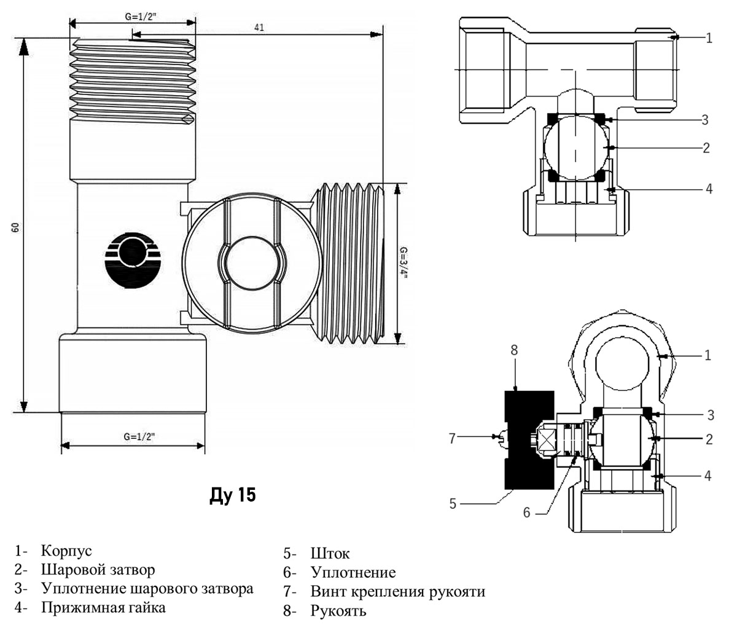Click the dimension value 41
[x=260, y=28]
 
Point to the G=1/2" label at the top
[x=141, y=17]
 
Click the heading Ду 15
[x=233, y=495]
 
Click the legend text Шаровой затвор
[x=98, y=570]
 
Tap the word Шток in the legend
[x=330, y=554]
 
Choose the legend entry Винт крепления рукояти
[x=398, y=592]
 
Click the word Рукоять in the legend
[x=338, y=611]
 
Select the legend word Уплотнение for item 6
[x=353, y=573]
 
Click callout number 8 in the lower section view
[x=514, y=350]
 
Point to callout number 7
[x=453, y=438]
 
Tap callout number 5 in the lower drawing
[x=453, y=503]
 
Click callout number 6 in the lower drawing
[x=526, y=512]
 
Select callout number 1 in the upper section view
[x=709, y=38]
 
